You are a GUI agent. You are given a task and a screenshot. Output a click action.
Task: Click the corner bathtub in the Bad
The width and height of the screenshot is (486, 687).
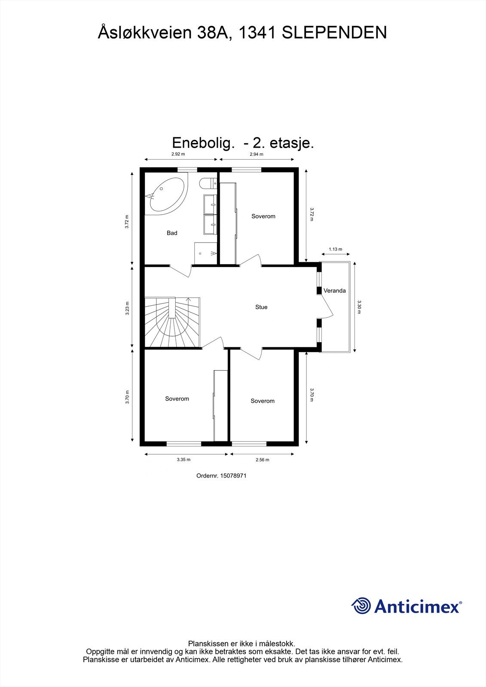tap(165, 194)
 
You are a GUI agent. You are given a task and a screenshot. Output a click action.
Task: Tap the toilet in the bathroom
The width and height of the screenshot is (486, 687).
tap(208, 183)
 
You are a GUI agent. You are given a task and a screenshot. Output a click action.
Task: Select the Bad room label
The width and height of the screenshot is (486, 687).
tap(172, 233)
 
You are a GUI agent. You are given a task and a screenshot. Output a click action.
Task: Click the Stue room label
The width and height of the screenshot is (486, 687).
tap(261, 307)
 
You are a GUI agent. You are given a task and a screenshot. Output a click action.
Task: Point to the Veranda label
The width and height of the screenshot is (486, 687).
tap(335, 291)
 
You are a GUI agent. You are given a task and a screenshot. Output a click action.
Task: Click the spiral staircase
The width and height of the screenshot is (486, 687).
tap(172, 322)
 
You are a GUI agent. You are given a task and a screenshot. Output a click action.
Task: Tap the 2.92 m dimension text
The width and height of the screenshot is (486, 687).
tap(178, 154)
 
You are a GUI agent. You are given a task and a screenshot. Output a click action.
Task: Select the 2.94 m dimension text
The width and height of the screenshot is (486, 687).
tap(256, 154)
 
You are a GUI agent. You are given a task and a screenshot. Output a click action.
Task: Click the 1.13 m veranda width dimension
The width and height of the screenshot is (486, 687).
tap(336, 249)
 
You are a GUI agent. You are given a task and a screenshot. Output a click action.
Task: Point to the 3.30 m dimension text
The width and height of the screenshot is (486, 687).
tap(359, 307)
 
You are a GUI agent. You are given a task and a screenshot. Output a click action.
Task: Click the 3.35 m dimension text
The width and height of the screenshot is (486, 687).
tap(183, 459)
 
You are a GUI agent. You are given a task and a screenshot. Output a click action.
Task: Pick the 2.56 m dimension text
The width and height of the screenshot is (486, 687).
tap(262, 460)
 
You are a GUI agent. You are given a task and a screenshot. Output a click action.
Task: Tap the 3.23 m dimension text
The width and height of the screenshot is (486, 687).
tap(127, 308)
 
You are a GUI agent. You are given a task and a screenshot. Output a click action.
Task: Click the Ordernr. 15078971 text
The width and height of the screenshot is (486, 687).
tap(221, 476)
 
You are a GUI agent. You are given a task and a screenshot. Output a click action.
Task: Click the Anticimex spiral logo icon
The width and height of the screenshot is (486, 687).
tap(361, 606)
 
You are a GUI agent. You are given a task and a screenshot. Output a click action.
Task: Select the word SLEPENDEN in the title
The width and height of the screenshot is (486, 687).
tap(334, 33)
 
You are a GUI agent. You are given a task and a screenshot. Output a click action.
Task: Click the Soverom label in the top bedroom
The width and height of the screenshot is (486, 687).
tap(263, 216)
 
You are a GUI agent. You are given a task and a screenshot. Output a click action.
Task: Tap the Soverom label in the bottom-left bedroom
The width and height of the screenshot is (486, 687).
tap(177, 399)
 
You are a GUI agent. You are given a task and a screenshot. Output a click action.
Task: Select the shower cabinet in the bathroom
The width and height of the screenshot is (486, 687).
tap(207, 253)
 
